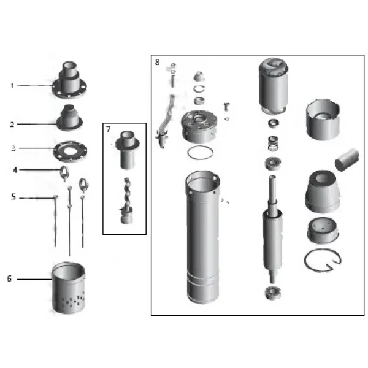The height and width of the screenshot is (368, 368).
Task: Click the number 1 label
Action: [x=11, y=85]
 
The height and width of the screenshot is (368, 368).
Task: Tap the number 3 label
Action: [x=12, y=148]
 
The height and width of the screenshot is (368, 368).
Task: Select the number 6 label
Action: [x=9, y=278]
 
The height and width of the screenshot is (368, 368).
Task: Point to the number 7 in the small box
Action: [x=109, y=129]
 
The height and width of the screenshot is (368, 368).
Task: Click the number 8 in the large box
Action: [x=158, y=62]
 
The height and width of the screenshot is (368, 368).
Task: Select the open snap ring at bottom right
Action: [x=323, y=262]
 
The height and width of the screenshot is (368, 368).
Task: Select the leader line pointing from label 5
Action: [x=37, y=197]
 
